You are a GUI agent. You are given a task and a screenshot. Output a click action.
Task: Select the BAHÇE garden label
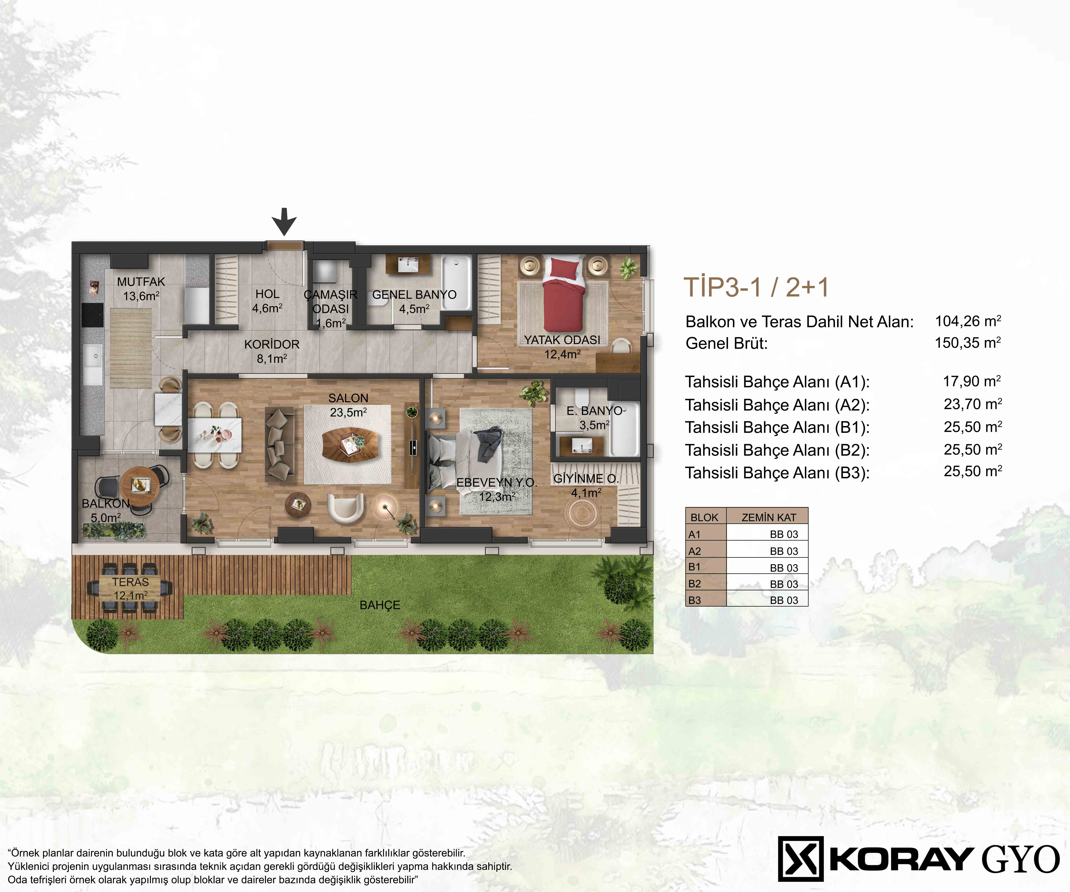pyautogui.click(x=380, y=605)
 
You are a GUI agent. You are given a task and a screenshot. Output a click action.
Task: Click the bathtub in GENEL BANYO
pyautogui.click(x=457, y=283)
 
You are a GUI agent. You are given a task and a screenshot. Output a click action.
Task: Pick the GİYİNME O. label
pyautogui.click(x=586, y=479)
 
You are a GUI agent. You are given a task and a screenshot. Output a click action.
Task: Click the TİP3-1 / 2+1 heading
pyautogui.click(x=756, y=287)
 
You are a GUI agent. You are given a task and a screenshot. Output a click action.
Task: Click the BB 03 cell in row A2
pyautogui.click(x=784, y=551)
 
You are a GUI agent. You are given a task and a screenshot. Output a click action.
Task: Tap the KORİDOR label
pyautogui.click(x=272, y=344)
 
